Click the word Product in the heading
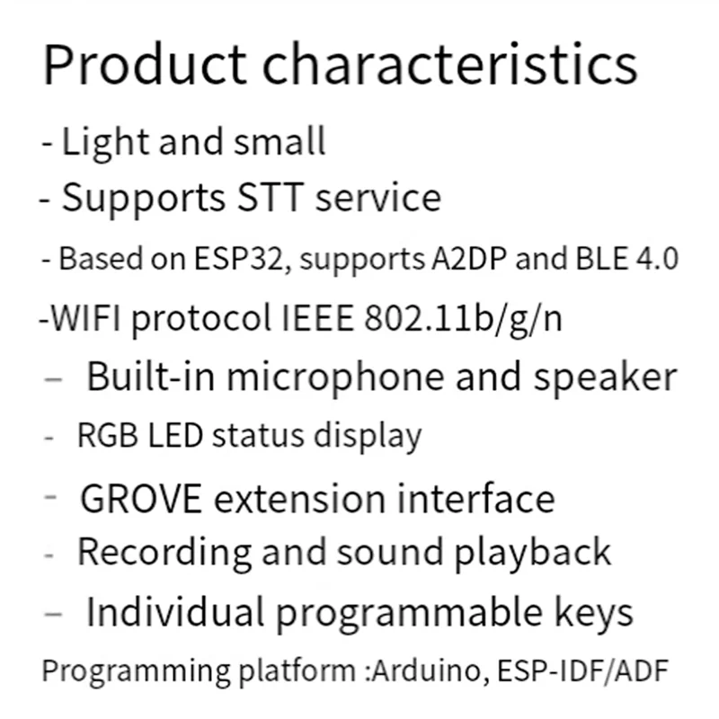145,66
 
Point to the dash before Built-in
53,379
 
